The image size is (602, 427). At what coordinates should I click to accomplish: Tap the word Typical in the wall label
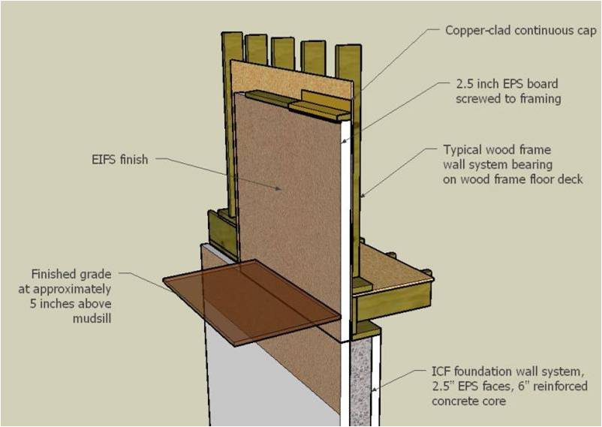pyautogui.click(x=465, y=149)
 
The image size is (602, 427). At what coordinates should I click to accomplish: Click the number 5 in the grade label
pyautogui.click(x=35, y=303)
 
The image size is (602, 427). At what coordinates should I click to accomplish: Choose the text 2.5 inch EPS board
pyautogui.click(x=507, y=83)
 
